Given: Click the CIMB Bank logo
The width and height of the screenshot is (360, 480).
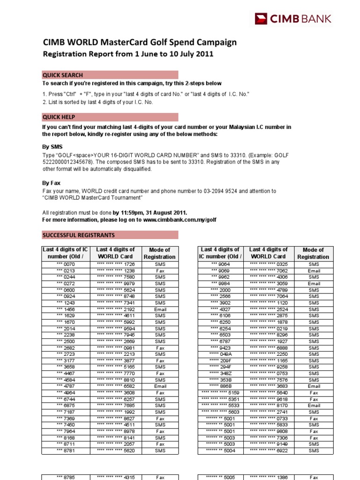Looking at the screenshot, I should tap(293, 19).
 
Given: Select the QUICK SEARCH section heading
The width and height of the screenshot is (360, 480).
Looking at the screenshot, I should tap(63, 75).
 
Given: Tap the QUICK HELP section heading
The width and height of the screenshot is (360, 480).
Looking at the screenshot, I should tap(59, 117).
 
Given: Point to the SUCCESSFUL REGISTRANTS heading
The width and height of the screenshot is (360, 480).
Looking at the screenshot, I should tap(78, 235).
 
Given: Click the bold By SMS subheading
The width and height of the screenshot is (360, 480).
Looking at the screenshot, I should tap(52, 147).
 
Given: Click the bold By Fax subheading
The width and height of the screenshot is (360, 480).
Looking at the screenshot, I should tap(51, 183).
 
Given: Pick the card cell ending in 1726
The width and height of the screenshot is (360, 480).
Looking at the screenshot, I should tap(115, 264).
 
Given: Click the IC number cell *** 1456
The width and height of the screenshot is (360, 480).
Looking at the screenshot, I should tap(66, 309).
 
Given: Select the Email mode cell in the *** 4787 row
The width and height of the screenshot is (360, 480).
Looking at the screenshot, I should tap(160, 386).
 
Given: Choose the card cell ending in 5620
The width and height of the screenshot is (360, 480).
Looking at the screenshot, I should tap(115, 450).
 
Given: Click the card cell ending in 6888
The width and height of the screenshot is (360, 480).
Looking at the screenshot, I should tap(268, 348).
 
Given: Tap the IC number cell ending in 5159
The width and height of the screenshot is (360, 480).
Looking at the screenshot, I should tap(220, 393).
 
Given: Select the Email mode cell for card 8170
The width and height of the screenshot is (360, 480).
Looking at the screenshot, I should tap(314, 405).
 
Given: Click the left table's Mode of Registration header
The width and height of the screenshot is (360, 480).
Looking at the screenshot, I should tap(159, 253).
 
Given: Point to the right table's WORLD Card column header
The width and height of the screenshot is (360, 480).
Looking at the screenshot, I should tap(268, 253).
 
